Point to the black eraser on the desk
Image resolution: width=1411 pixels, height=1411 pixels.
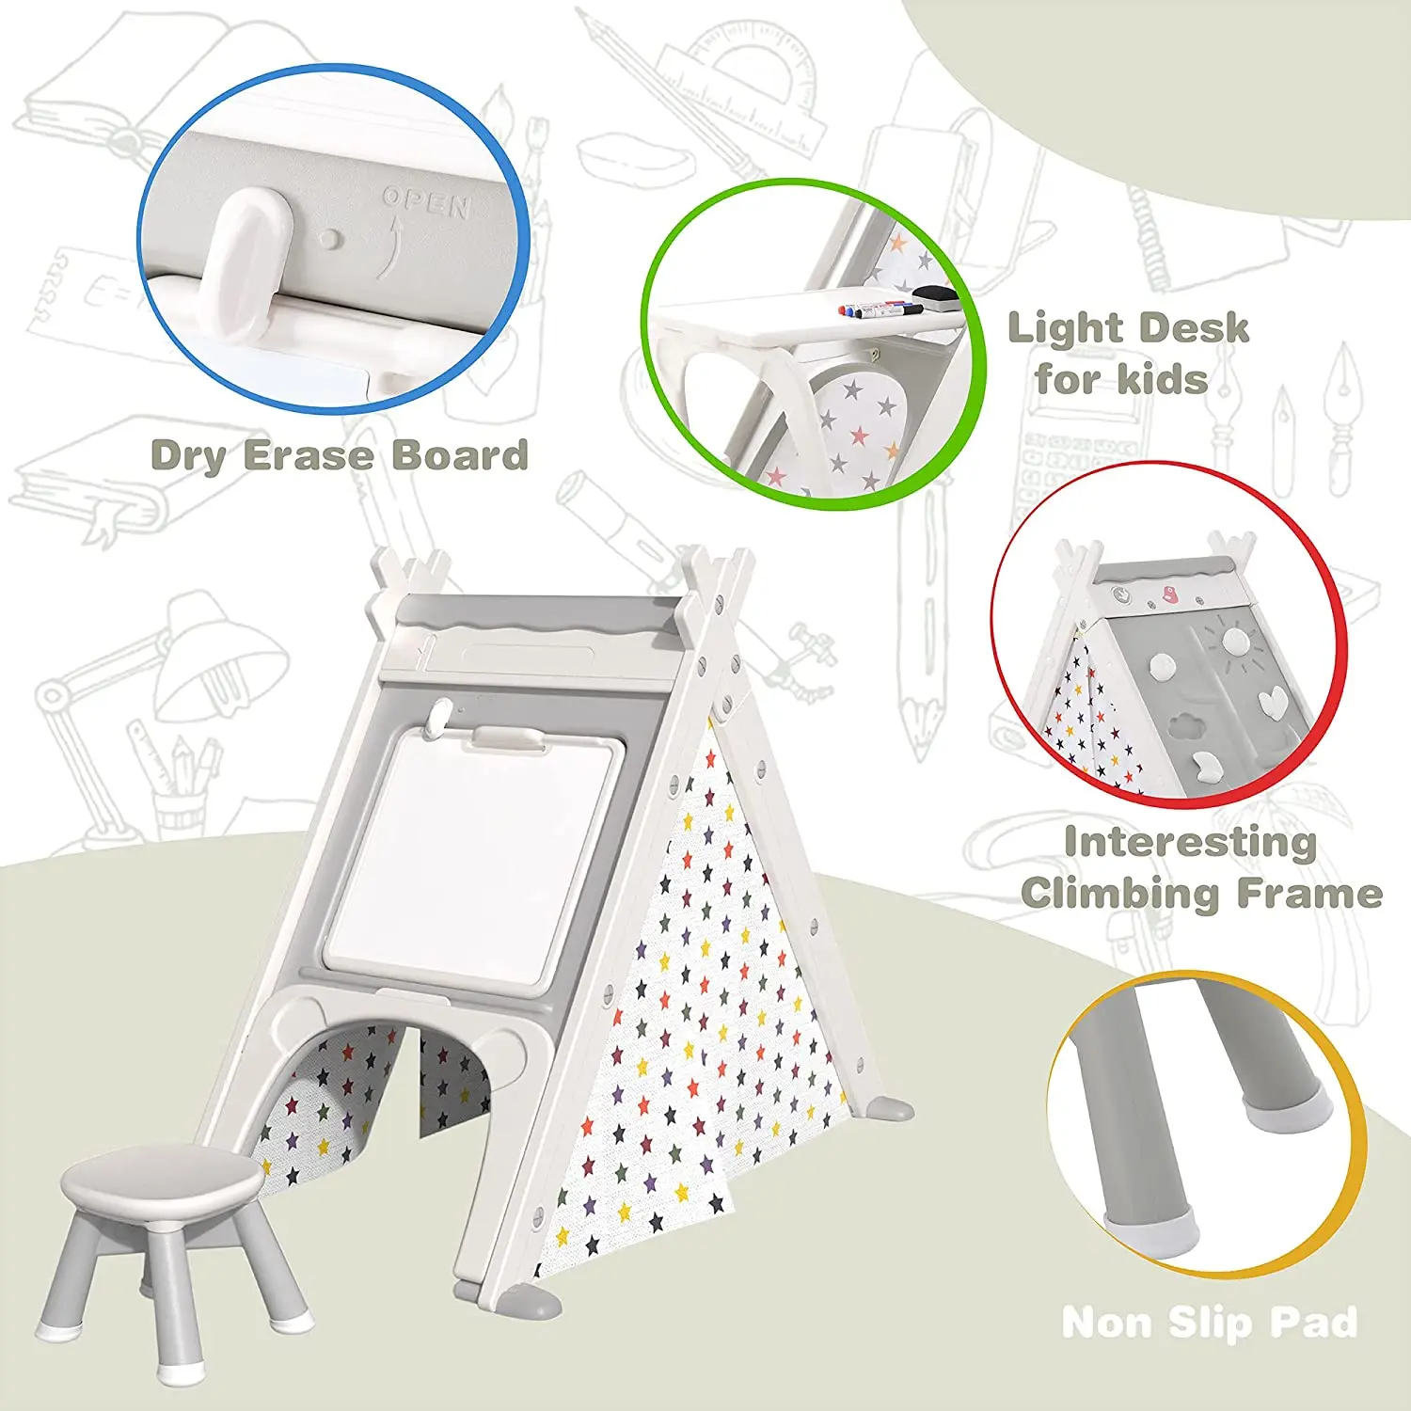click(x=936, y=297)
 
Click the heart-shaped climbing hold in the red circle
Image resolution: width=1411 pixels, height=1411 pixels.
click(x=1272, y=700)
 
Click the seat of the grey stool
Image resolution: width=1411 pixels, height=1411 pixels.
click(x=162, y=1176)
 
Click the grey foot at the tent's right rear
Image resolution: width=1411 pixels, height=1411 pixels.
click(x=888, y=1108)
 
